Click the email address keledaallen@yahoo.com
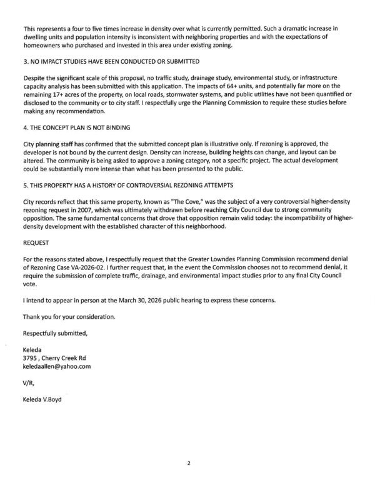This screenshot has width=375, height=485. click(57, 366)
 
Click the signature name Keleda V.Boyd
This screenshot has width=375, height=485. click(47, 399)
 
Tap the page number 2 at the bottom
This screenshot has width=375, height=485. click(187, 464)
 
